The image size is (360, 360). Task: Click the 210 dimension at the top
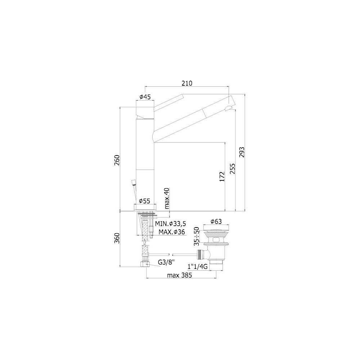[x=186, y=84]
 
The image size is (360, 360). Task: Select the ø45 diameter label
[x=145, y=97]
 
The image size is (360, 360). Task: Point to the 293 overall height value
[x=242, y=153]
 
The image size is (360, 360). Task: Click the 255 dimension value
[x=232, y=169]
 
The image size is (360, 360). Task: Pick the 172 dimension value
[x=222, y=176]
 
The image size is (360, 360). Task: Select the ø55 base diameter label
[x=145, y=201]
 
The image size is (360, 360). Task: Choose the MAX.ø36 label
[x=172, y=232]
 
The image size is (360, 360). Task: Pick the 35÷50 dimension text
[x=197, y=236]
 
